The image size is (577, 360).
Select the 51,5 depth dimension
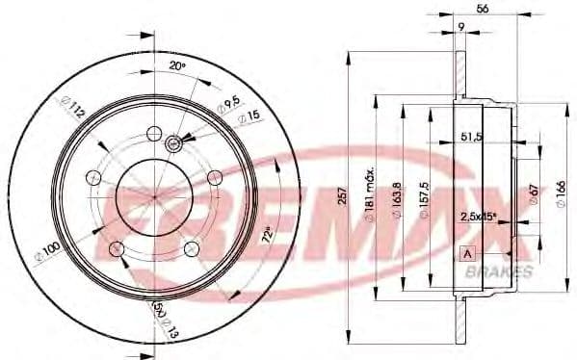tap(472, 138)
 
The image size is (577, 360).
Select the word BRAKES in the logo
tap(498, 272)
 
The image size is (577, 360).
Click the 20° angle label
tap(175, 65)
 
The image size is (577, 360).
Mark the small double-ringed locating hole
tap(174, 144)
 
